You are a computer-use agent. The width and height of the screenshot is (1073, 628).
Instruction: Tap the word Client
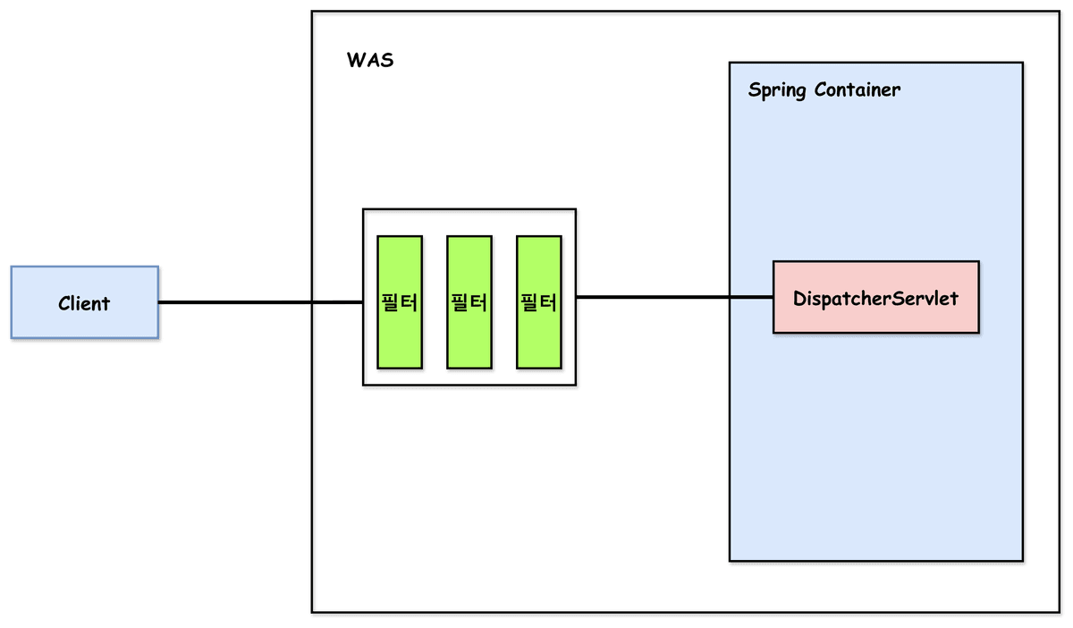pos(84,303)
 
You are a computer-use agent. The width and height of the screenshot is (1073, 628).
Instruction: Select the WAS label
pos(370,62)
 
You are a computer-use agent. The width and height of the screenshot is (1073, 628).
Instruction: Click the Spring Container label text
pos(824,90)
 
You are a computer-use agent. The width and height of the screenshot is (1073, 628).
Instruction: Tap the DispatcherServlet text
pos(875,298)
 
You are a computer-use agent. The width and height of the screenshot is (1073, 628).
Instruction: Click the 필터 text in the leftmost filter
pos(399,302)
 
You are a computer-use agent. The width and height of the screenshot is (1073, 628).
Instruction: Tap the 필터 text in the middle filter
pos(469,302)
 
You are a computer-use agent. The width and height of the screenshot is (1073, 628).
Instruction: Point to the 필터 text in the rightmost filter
pos(539,302)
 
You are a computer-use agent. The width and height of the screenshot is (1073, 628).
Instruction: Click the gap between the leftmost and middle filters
pos(435,302)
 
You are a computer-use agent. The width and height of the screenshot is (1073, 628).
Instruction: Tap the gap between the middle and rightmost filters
pos(504,302)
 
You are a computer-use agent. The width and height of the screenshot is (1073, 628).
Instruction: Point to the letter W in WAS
pos(355,62)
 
